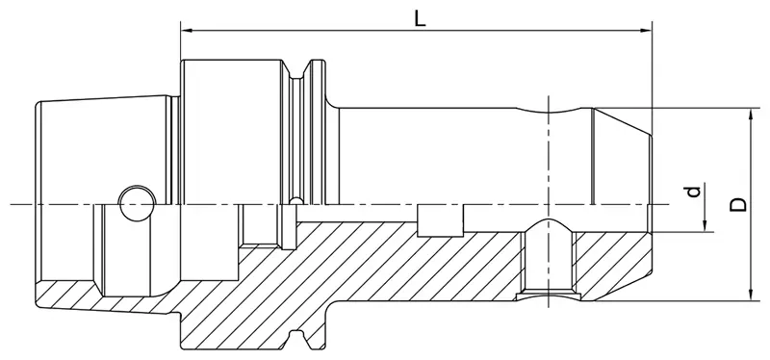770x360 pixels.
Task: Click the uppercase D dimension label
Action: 737,203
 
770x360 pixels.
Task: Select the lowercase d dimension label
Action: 691,193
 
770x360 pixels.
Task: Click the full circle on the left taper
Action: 135,200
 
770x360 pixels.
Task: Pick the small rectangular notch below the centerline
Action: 441,219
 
